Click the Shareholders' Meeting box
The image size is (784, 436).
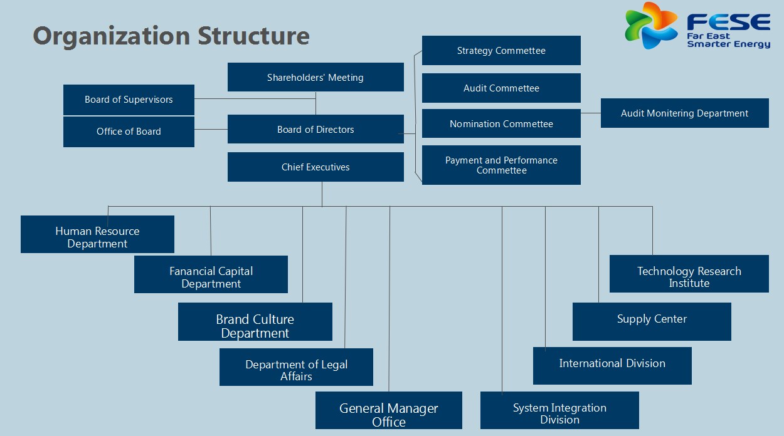coord(315,78)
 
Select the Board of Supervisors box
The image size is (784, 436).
coord(129,100)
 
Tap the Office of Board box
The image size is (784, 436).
coord(129,132)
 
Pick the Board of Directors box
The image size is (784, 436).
coord(315,130)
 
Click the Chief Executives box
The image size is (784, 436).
coord(315,167)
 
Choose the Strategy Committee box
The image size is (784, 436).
coord(501,51)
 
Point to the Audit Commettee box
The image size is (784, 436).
coord(501,88)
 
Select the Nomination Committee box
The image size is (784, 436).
coord(501,124)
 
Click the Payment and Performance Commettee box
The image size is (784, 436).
coord(501,165)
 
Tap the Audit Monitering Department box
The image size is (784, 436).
coord(684,113)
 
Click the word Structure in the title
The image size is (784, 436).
coord(253,36)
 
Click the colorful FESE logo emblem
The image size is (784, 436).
coord(651,25)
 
